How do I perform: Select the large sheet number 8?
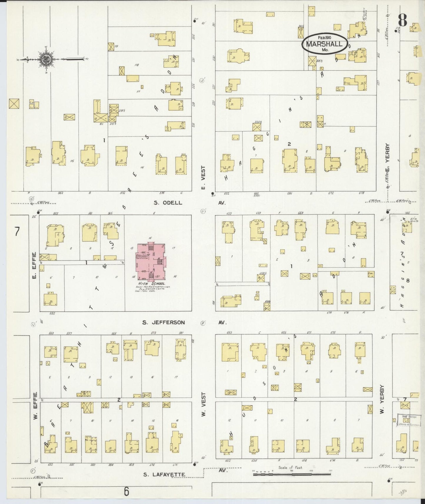pos(402,20)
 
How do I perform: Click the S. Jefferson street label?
pos(164,322)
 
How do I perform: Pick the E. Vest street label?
pos(203,178)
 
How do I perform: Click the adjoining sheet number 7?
pos(17,231)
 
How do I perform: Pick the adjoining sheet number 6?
pos(126,491)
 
